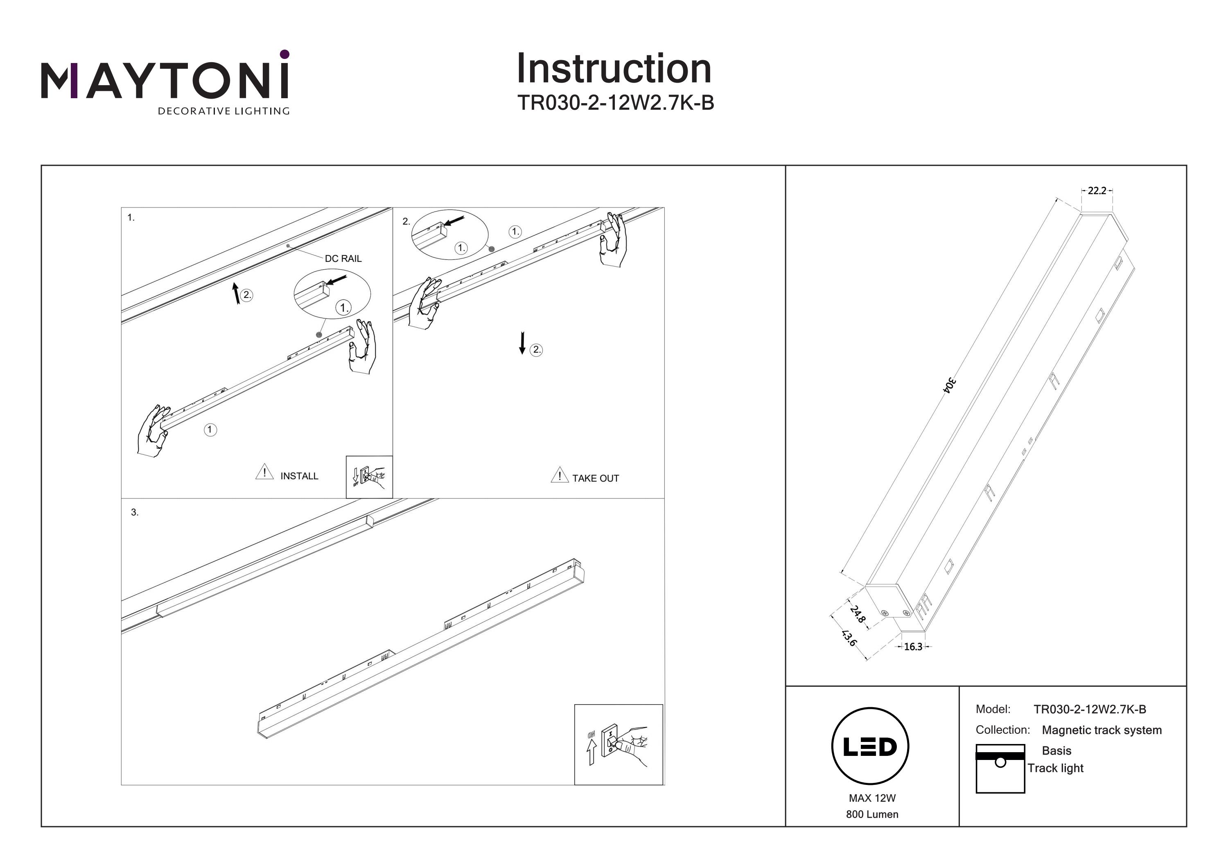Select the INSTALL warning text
(x=299, y=476)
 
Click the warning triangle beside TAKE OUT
(x=559, y=475)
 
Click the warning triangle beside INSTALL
(x=264, y=472)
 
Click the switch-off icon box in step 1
(x=369, y=476)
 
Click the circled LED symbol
(x=870, y=746)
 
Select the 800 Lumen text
(x=872, y=814)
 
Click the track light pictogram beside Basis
(x=1000, y=769)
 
